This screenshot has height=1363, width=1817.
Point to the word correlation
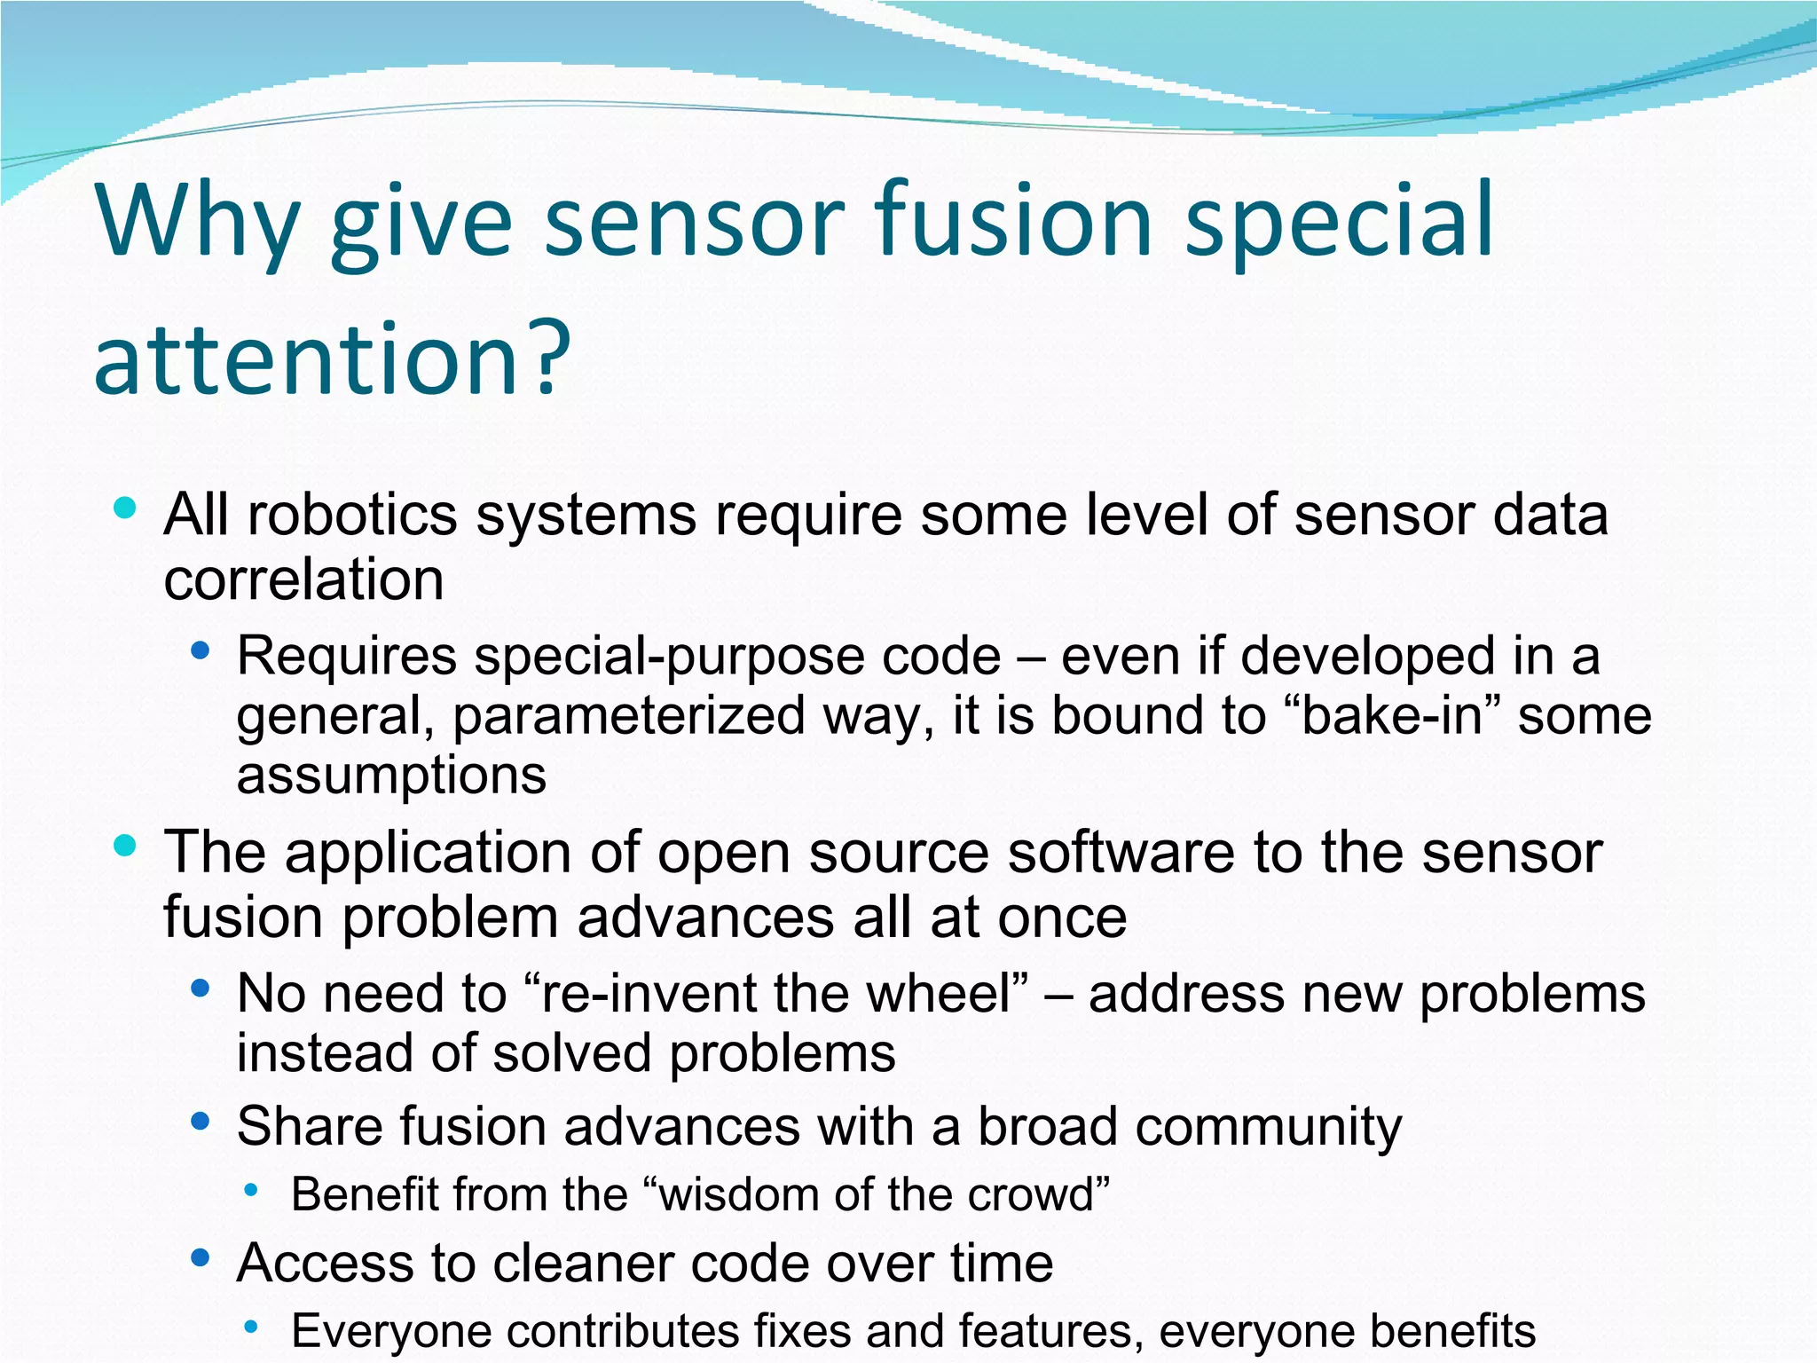point(303,580)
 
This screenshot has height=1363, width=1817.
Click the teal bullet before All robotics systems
point(125,508)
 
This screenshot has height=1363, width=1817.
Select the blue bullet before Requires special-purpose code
point(200,650)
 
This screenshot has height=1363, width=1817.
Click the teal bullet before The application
point(125,846)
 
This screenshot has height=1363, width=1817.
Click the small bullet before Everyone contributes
point(251,1327)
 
